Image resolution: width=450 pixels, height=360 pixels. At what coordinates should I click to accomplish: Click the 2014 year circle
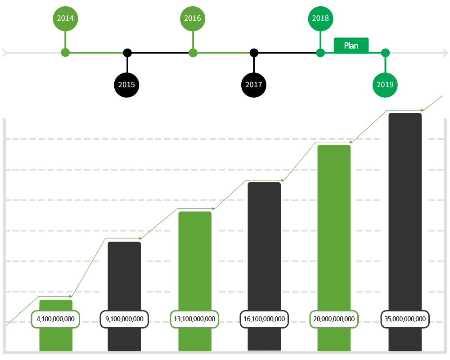(65, 18)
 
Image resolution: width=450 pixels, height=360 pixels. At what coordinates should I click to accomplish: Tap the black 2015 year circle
(126, 85)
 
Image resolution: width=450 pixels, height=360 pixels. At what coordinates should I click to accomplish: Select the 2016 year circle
(193, 18)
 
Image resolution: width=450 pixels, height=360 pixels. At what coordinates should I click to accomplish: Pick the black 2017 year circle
(254, 85)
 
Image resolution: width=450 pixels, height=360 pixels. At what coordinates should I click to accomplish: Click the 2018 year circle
(320, 18)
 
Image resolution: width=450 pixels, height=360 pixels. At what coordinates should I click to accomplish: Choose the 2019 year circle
(385, 85)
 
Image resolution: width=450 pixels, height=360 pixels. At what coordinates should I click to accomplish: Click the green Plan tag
(351, 45)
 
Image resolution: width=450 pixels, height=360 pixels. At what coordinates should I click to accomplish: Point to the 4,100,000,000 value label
(55, 319)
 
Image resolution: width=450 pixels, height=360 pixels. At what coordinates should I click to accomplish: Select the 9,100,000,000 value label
(124, 319)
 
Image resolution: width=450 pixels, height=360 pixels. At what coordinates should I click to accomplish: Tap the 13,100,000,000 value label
(194, 319)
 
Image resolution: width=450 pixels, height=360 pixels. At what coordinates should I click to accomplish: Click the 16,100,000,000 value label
(264, 319)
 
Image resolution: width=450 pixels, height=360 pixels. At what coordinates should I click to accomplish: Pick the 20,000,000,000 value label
(334, 319)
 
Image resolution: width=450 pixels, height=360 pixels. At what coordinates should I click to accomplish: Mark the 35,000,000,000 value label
(405, 319)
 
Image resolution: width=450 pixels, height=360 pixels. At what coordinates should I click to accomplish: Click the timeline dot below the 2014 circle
(65, 53)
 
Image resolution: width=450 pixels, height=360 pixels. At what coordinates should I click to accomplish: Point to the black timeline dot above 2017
(254, 53)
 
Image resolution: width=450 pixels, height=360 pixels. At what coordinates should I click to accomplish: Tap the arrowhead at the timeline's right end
(445, 53)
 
